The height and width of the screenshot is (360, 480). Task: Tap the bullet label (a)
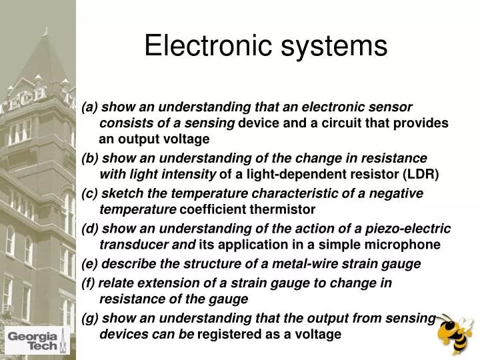coord(89,107)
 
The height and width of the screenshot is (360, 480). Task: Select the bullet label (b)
coord(89,158)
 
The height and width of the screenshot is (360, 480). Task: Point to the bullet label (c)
coord(89,193)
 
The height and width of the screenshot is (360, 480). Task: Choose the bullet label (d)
coord(89,229)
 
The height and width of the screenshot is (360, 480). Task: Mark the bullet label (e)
coord(89,264)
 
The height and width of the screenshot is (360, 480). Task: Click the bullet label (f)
coord(89,283)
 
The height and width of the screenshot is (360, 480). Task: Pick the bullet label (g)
coord(89,318)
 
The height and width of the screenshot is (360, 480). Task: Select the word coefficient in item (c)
coord(213,210)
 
